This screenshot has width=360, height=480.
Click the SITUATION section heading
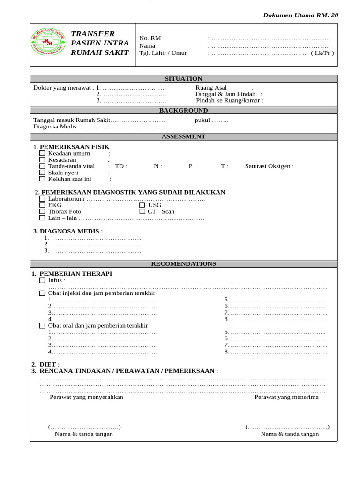coord(183,79)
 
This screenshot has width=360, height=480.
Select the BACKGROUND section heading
coord(183,111)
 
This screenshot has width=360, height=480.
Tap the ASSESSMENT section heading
coord(183,136)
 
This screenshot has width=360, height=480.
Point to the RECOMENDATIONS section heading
coord(183,264)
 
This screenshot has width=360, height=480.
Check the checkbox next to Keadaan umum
coord(42,153)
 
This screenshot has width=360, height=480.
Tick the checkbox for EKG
coord(42,205)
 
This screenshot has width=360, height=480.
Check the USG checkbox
coord(142,205)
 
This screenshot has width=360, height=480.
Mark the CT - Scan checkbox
coord(142,211)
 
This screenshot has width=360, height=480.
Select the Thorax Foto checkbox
coord(42,211)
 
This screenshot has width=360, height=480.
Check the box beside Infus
coord(42,280)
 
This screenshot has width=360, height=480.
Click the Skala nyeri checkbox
coord(42,172)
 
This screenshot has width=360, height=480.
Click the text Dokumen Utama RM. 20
coord(300,15)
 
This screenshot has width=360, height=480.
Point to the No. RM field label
coord(150,38)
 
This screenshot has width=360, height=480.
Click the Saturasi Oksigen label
coord(269,166)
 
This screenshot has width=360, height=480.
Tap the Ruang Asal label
coord(211,87)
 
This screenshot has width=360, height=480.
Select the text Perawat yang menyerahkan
coord(86,397)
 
